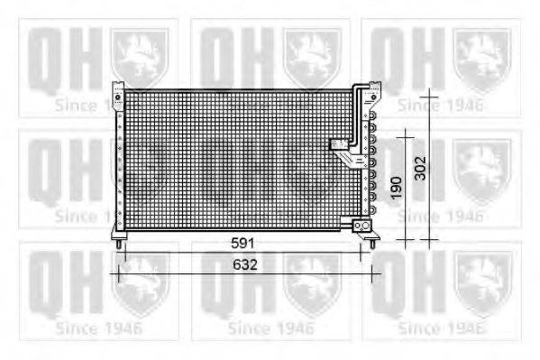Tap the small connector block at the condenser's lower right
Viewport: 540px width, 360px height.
coord(363,223)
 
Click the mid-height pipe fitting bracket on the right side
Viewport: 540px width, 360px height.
coord(343,150)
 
